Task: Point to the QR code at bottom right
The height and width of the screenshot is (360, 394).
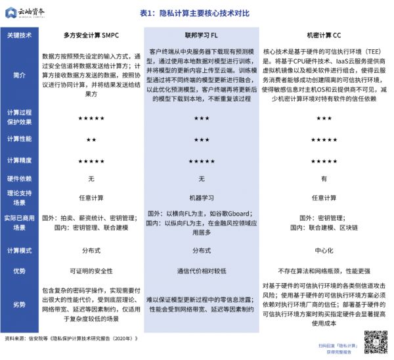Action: point(374,341)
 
